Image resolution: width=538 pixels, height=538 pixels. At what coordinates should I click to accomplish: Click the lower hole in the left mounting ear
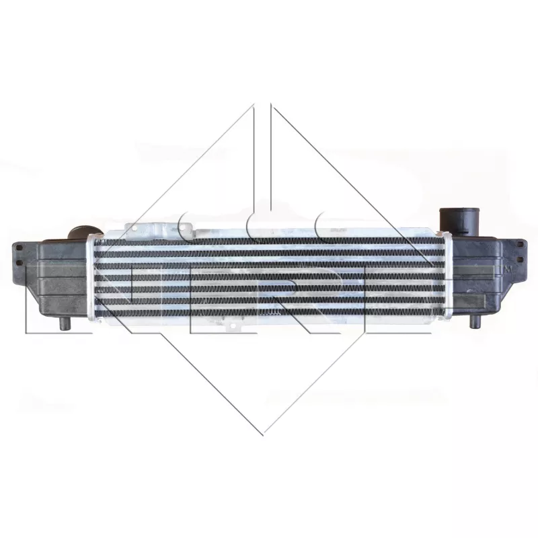[19, 262]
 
